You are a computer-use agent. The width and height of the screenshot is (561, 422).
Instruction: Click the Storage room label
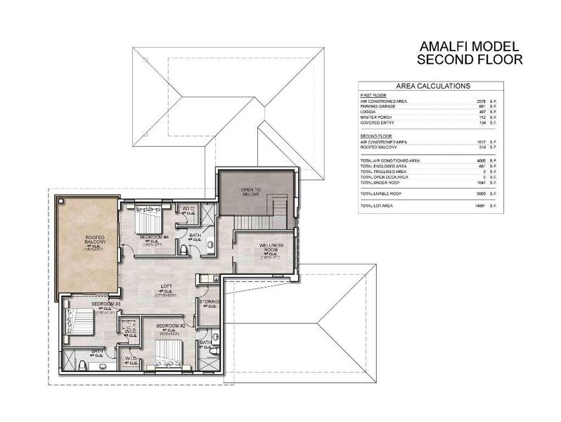(210, 301)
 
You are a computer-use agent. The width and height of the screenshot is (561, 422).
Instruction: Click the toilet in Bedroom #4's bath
(183, 250)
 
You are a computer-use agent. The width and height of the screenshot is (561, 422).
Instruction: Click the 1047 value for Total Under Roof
(482, 182)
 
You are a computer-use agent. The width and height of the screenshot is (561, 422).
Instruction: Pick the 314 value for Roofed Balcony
(482, 147)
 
